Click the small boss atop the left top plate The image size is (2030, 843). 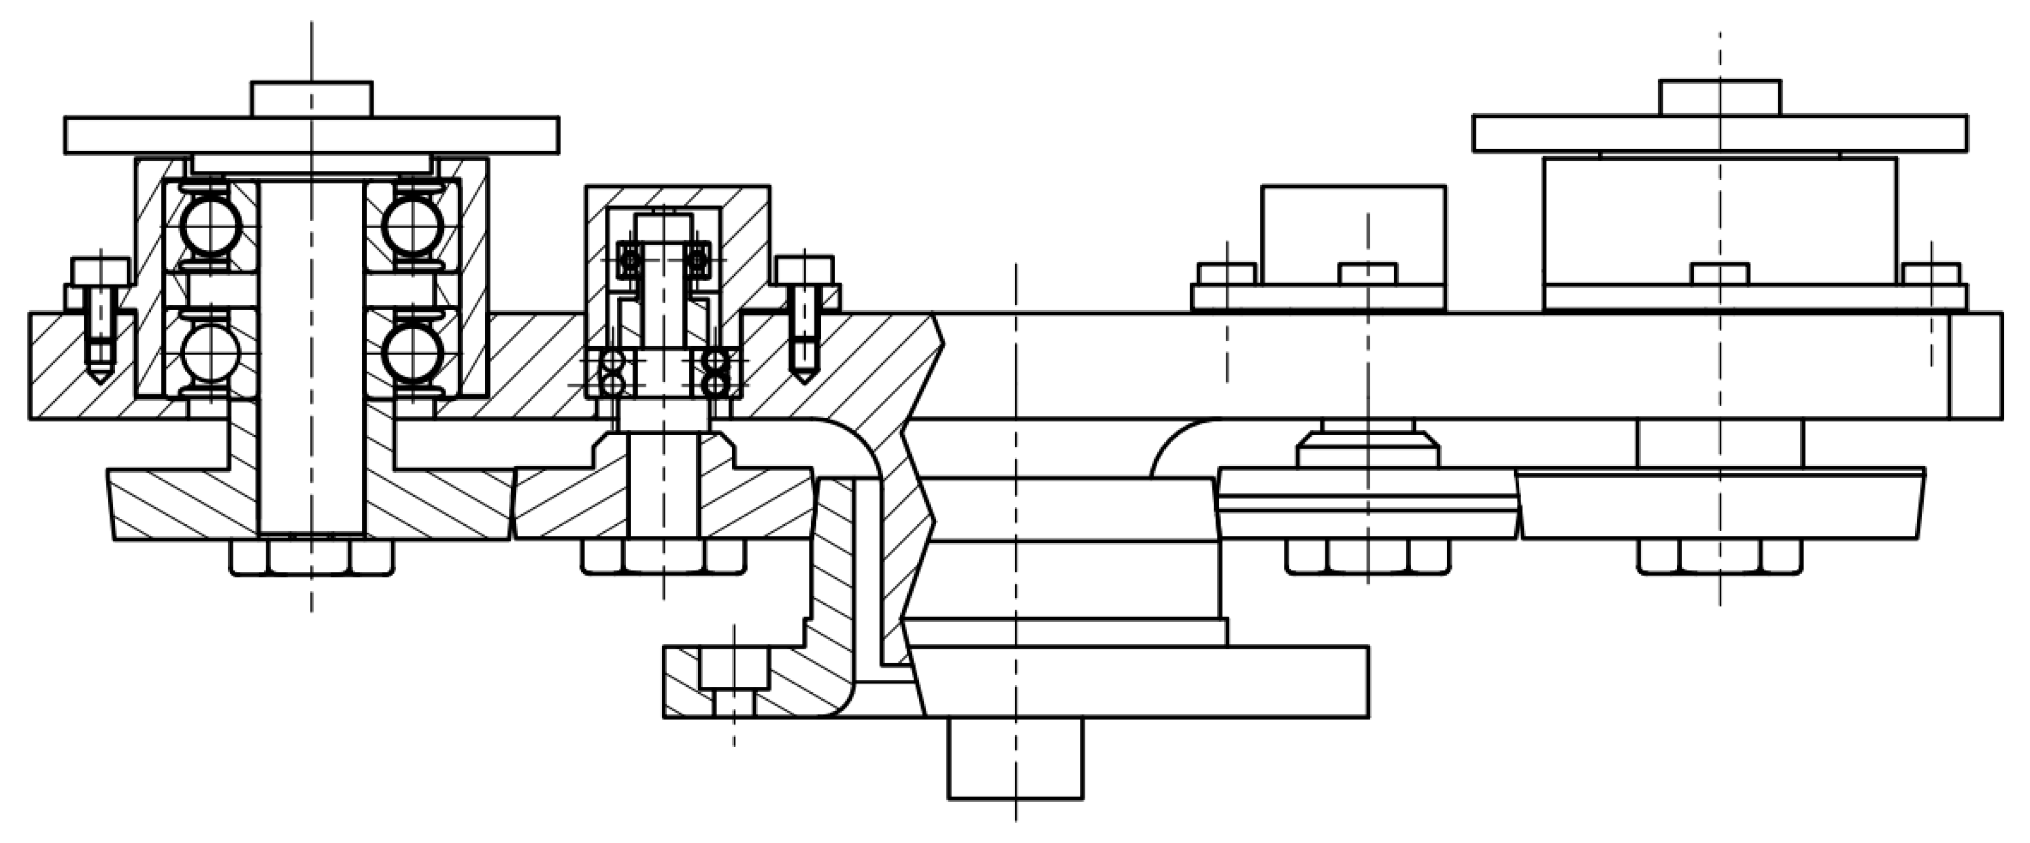312,99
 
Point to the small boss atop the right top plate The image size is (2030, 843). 1720,98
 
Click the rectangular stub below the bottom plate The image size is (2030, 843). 1015,758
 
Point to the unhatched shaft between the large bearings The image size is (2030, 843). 312,355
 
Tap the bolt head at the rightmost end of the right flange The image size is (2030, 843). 1931,273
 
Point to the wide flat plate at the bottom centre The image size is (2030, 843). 1143,681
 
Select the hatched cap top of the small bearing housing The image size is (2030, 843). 678,197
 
